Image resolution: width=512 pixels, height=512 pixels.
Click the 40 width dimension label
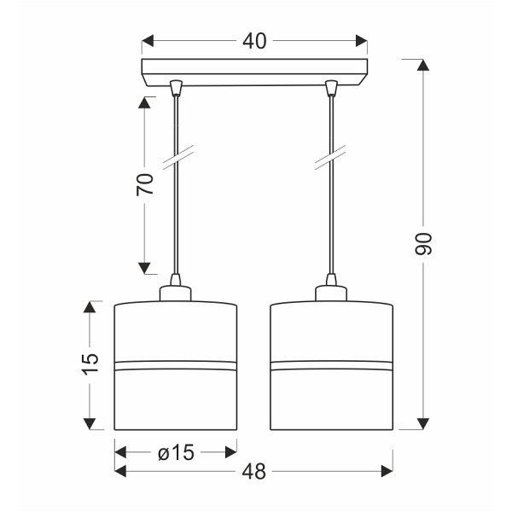click(254, 41)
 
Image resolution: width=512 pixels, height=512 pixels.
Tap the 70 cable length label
click(146, 184)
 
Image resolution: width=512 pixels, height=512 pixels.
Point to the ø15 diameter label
click(176, 452)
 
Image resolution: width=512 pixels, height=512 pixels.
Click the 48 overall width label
click(254, 471)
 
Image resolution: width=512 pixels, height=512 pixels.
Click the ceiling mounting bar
click(254, 73)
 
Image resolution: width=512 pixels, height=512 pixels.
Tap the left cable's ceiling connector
click(176, 88)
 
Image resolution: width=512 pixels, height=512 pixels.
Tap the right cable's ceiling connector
click(332, 88)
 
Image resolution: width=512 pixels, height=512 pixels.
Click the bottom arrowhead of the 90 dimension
click(421, 423)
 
